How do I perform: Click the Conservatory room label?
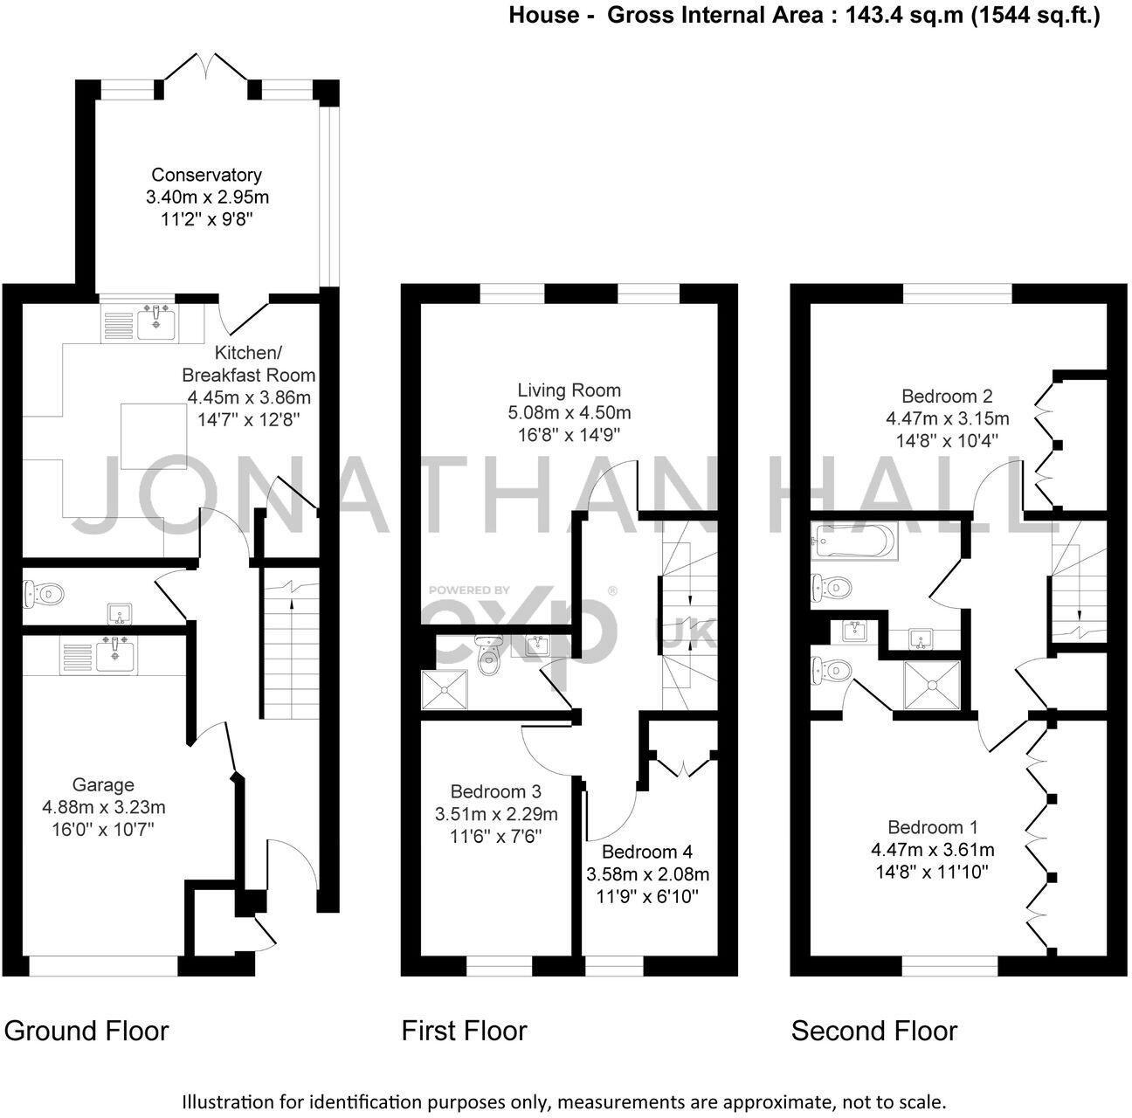(206, 175)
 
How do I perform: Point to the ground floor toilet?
(43, 594)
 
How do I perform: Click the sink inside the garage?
(114, 653)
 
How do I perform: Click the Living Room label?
(569, 390)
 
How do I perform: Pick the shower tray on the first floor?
(445, 690)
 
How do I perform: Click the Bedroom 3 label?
(495, 792)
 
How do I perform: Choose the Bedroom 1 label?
(932, 827)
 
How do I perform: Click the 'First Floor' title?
(464, 1031)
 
